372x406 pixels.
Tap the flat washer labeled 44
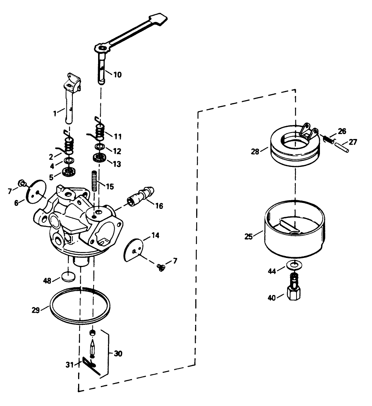pos(293,266)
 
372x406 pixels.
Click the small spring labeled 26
pos(329,139)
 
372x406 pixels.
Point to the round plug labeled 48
pos(68,276)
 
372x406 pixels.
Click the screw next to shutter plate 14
pos(161,267)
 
